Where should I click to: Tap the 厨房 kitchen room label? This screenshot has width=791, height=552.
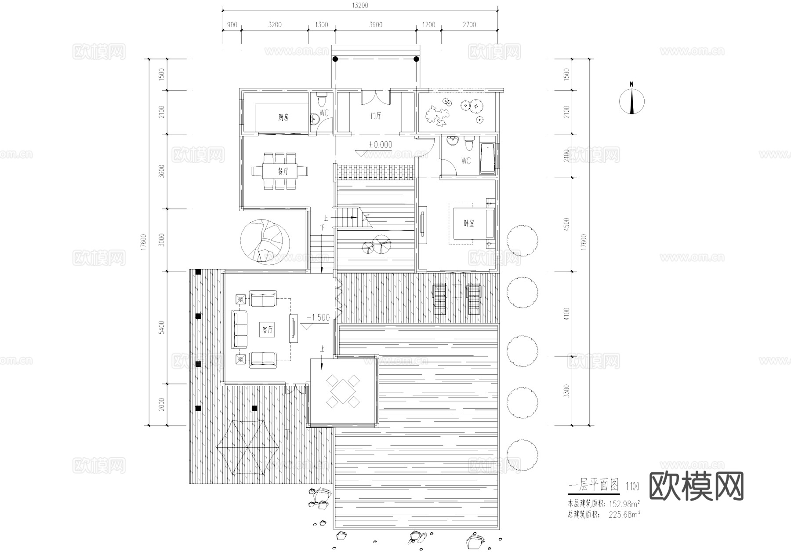click(x=283, y=117)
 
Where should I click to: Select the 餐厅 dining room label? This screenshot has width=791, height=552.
click(x=283, y=172)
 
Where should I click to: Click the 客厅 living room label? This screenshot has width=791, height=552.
click(x=268, y=330)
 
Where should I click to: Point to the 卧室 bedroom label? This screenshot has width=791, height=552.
click(x=469, y=223)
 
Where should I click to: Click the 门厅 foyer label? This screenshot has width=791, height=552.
click(x=376, y=116)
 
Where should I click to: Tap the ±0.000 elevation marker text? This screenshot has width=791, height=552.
click(x=380, y=145)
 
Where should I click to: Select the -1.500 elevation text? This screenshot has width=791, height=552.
click(x=317, y=317)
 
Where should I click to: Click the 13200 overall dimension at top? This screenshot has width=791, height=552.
click(x=360, y=6)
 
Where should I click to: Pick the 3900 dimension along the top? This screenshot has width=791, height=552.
click(x=375, y=25)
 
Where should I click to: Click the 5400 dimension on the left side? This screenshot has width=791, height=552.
click(x=162, y=327)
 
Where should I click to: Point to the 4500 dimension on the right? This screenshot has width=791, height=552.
click(x=566, y=224)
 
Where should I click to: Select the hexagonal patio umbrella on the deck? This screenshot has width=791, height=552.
click(x=247, y=448)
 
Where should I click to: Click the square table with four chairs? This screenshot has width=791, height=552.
click(x=342, y=390)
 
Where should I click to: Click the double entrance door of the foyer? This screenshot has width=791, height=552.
click(x=376, y=97)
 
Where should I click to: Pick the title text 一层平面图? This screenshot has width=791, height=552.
click(x=593, y=485)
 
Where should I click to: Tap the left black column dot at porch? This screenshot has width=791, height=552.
click(x=335, y=59)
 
